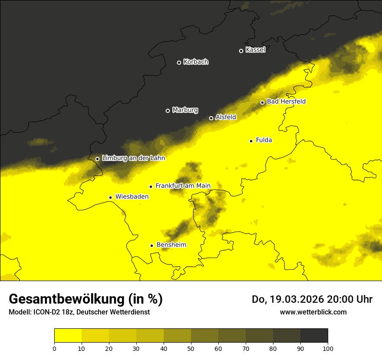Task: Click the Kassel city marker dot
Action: (x=241, y=51)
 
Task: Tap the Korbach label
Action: (x=196, y=62)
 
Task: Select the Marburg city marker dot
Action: (x=168, y=111)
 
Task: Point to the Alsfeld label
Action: (x=226, y=117)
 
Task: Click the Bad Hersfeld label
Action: (x=286, y=101)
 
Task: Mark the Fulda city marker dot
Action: (x=251, y=141)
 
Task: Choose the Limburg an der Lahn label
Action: (x=133, y=158)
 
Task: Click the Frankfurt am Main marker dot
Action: (x=151, y=187)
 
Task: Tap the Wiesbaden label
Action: (x=132, y=196)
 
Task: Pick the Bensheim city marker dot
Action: (x=151, y=245)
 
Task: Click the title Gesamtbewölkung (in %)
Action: (x=86, y=299)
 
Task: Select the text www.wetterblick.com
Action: (x=313, y=312)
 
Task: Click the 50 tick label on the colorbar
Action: (x=191, y=348)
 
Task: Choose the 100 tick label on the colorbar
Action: (x=328, y=348)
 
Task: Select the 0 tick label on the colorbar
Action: (x=54, y=348)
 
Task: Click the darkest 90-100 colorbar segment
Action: (x=314, y=335)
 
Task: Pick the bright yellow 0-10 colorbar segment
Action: (x=68, y=335)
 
